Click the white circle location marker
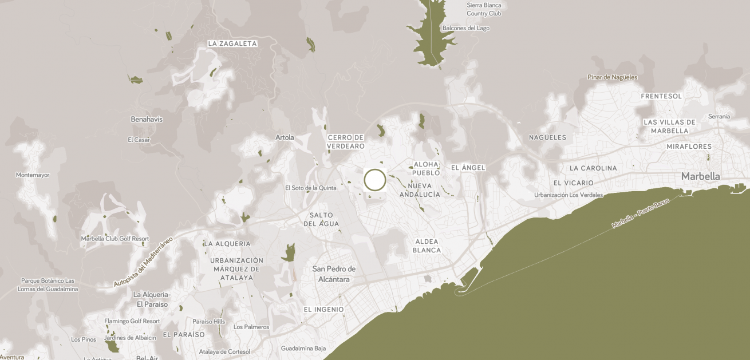[375, 180]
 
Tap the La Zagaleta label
[232, 43]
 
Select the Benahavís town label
[147, 120]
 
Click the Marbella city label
[700, 176]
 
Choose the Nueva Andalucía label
[420, 190]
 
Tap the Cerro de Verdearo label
[346, 142]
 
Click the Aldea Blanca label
[427, 246]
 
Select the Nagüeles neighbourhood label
[547, 137]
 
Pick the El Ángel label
[468, 168]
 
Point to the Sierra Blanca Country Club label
[484, 9]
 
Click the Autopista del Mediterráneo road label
[143, 262]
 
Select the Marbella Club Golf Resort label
[115, 239]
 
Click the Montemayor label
[33, 175]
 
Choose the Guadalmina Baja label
[303, 348]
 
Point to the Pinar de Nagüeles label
[612, 77]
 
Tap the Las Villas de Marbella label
[669, 126]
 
